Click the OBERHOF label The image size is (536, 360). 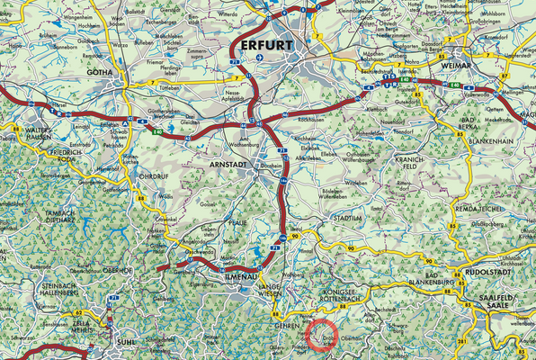(x=117, y=270)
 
